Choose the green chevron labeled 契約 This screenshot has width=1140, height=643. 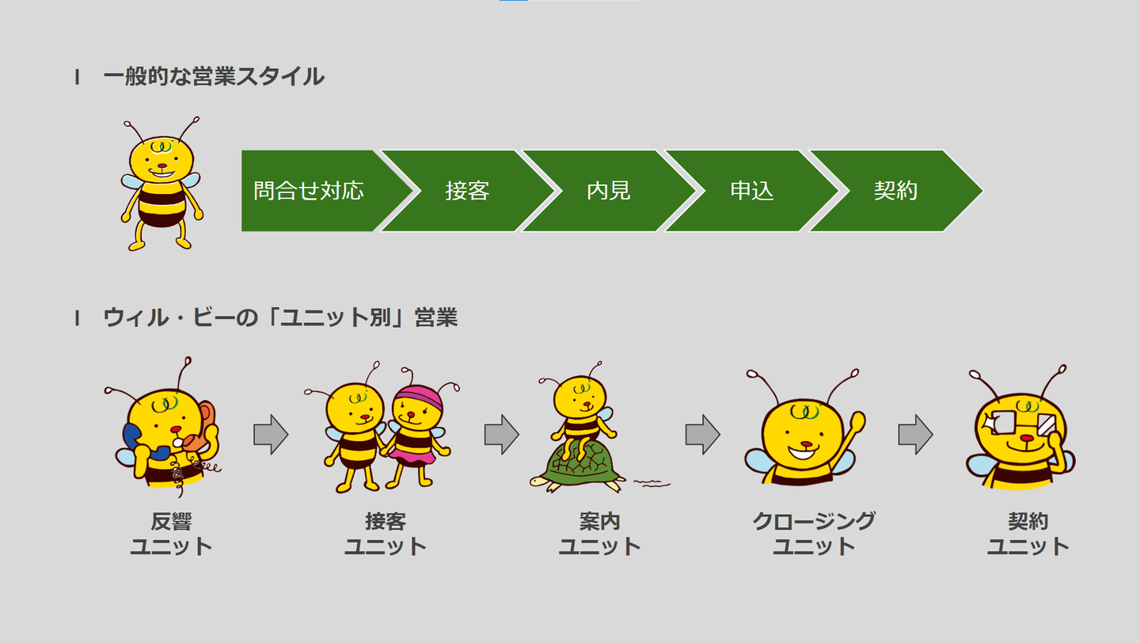pos(895,191)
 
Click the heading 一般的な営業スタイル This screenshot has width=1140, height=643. pos(214,77)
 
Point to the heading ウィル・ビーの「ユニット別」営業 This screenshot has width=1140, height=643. pos(280,318)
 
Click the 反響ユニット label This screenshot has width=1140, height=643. pos(171,534)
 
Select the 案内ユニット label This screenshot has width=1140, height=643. pos(599,534)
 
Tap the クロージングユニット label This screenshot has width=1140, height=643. pos(814,534)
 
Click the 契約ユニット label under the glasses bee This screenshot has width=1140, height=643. pos(1028,534)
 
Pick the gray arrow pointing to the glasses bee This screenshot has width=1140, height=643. pos(915,435)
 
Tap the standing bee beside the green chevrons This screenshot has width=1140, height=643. pos(161,186)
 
